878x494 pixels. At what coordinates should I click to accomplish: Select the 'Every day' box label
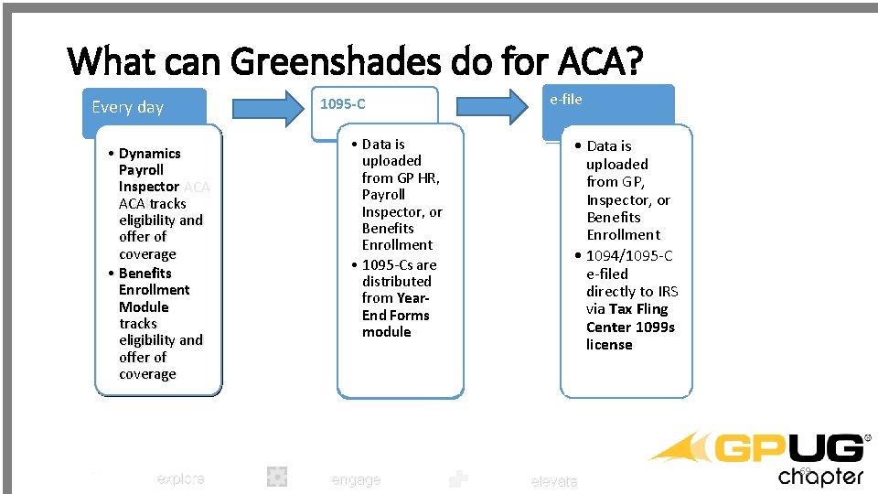click(127, 107)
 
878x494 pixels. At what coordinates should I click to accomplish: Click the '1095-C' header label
click(342, 104)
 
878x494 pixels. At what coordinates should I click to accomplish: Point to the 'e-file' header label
click(566, 99)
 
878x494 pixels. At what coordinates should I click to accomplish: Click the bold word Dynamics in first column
click(150, 153)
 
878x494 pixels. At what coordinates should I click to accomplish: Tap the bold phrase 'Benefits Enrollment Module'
click(154, 290)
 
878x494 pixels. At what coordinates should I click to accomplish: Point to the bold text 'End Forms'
click(395, 315)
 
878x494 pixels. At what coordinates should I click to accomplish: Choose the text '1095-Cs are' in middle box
click(400, 264)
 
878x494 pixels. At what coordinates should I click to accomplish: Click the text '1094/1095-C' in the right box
click(629, 255)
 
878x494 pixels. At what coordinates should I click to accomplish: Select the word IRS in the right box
click(668, 291)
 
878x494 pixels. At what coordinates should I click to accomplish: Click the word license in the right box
click(609, 344)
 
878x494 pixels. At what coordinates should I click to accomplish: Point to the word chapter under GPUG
click(820, 476)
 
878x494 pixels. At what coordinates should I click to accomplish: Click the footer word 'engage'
click(356, 479)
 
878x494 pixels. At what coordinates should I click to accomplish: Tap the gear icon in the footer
click(277, 476)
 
